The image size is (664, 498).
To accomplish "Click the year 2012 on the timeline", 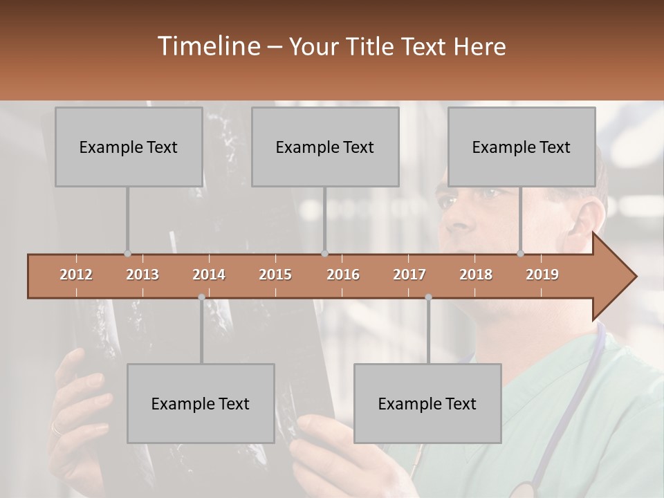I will pos(76,275).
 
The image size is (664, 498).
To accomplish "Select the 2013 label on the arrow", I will pos(142,275).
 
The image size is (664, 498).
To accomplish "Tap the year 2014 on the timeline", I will pos(209,275).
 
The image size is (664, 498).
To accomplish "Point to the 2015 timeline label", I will pos(275,275).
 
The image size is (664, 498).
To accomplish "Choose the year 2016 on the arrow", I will pos(343,275).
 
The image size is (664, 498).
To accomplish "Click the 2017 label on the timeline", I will pos(409,275).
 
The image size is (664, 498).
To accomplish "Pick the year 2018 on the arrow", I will pos(476,275).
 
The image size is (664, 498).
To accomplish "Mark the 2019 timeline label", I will pos(542,275).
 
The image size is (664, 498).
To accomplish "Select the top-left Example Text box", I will pos(129,147).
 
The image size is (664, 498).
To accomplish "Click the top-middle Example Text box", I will pos(325,147).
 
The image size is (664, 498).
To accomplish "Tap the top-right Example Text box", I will pos(522,147).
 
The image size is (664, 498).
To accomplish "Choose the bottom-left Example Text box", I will pos(201,403).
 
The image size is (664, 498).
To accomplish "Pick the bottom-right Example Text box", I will pos(427,403).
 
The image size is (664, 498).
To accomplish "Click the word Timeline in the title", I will pos(207,46).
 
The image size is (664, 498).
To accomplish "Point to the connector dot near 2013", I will pos(127,254).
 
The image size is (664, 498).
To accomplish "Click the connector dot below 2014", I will pos(201,297).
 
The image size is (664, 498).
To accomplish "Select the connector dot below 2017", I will pos(428,297).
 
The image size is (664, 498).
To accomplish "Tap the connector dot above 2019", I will pos(520,254).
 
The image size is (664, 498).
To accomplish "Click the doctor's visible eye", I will pos(448,201).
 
